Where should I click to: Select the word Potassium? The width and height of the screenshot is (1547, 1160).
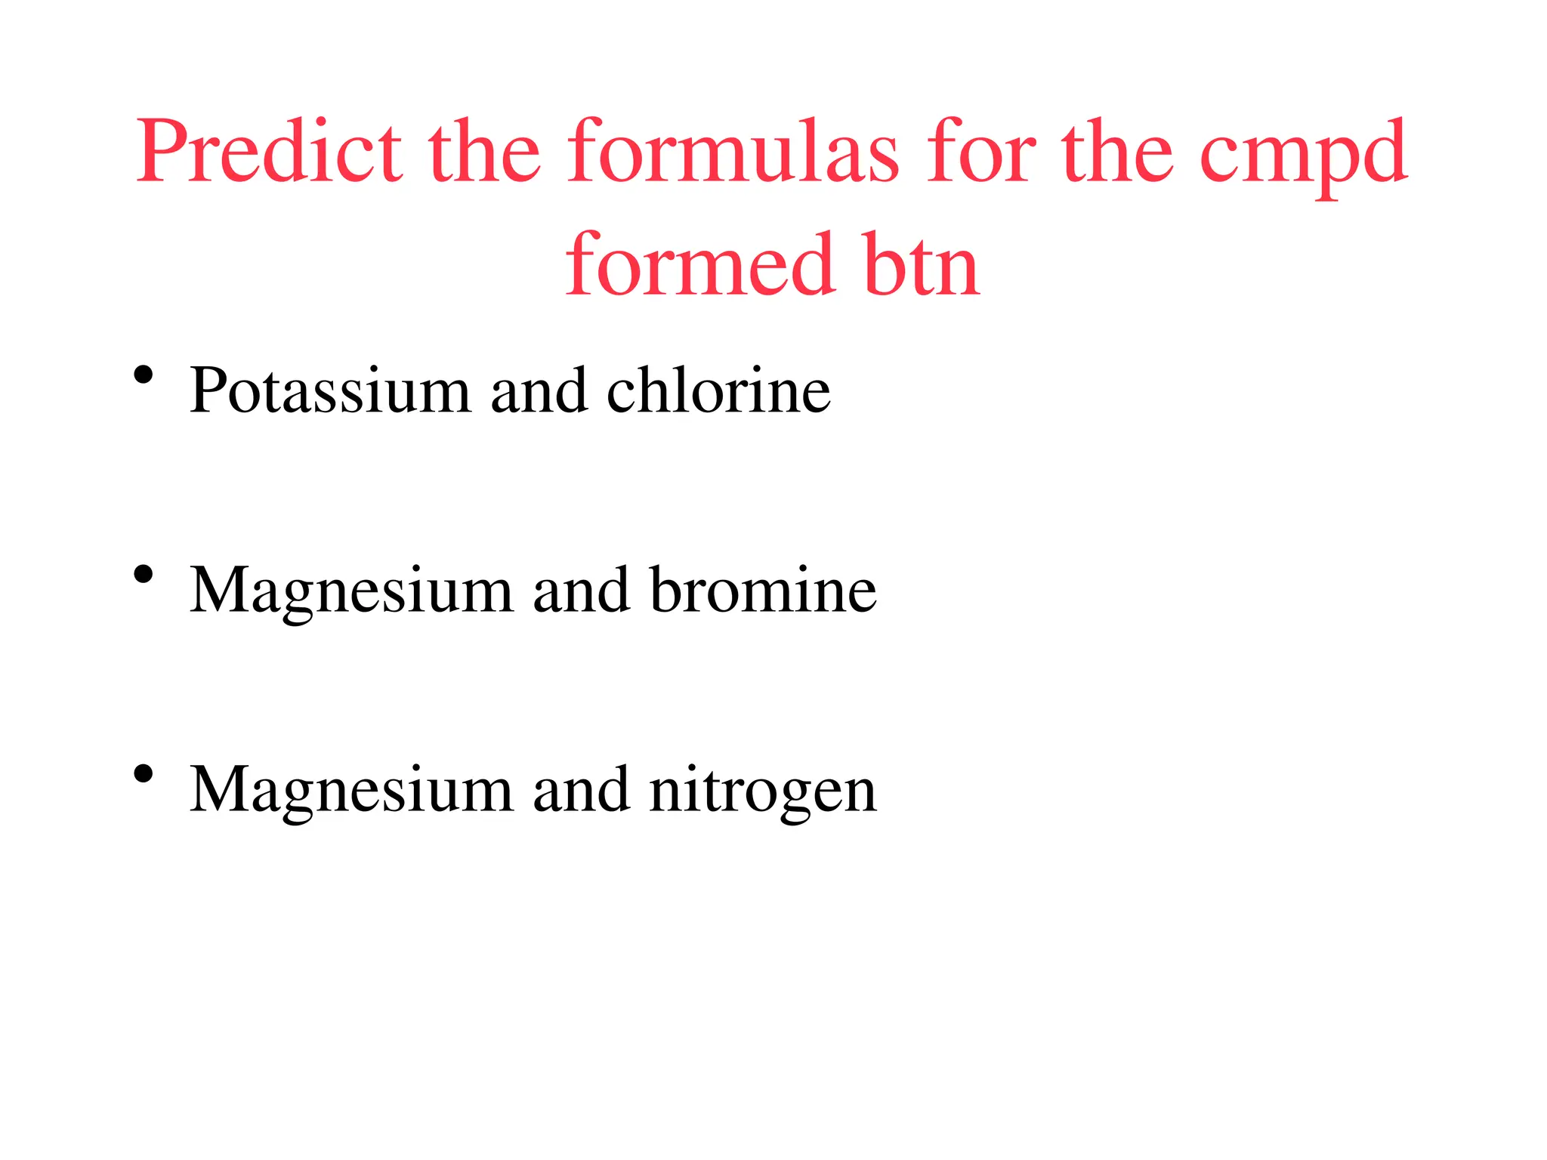330,390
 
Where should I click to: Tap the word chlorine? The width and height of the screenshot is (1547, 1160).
718,390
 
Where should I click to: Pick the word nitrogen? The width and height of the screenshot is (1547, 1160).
763,791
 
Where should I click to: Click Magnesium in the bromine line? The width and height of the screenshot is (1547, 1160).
351,591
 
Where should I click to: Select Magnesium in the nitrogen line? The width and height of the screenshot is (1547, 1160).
351,791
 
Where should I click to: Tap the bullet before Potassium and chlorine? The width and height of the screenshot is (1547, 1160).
144,375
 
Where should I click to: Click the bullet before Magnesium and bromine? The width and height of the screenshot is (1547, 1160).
144,575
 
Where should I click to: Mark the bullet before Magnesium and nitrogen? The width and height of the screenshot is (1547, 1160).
144,775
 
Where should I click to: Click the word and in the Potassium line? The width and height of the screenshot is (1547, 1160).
539,390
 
